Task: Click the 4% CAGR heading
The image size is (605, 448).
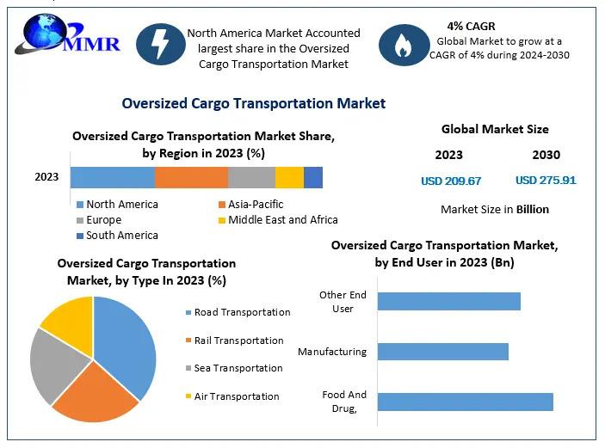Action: coord(471,26)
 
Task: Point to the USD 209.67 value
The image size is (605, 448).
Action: coord(451,181)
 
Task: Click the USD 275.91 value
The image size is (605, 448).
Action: coord(546,181)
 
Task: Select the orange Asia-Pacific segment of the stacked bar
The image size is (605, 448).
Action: coord(191,177)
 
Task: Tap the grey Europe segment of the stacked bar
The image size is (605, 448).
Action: coord(251,177)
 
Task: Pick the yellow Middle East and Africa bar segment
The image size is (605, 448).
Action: coord(289,177)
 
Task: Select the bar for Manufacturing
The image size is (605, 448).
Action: coord(442,352)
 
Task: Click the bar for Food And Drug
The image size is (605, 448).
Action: coord(465,402)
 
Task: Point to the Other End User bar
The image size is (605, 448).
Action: coord(448,301)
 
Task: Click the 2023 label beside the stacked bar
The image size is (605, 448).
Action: coord(46,177)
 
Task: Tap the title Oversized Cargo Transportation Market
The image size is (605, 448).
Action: coord(254,103)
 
